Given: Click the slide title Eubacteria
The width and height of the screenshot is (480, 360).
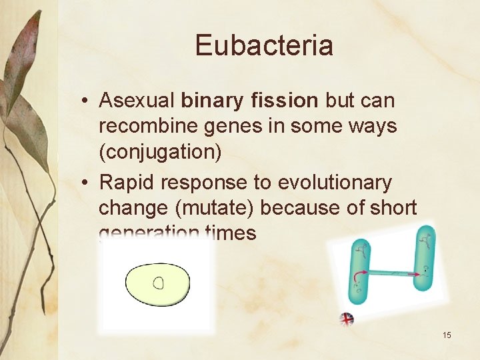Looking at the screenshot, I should coord(264,45).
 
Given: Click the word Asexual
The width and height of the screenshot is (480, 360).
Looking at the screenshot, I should coord(137,101).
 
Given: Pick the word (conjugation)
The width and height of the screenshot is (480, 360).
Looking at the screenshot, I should coord(160,152).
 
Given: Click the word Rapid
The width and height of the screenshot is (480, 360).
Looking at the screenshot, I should coord(125,182).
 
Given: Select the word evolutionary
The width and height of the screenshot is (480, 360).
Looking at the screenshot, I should coord(335,182).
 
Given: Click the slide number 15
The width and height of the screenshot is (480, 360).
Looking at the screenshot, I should coord(447,335).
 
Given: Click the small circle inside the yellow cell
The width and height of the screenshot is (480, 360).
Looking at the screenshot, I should coord(158,283).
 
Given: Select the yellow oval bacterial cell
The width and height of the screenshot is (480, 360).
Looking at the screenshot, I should coord(157,284).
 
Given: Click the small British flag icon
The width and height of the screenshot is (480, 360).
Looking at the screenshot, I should coord(347,319).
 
